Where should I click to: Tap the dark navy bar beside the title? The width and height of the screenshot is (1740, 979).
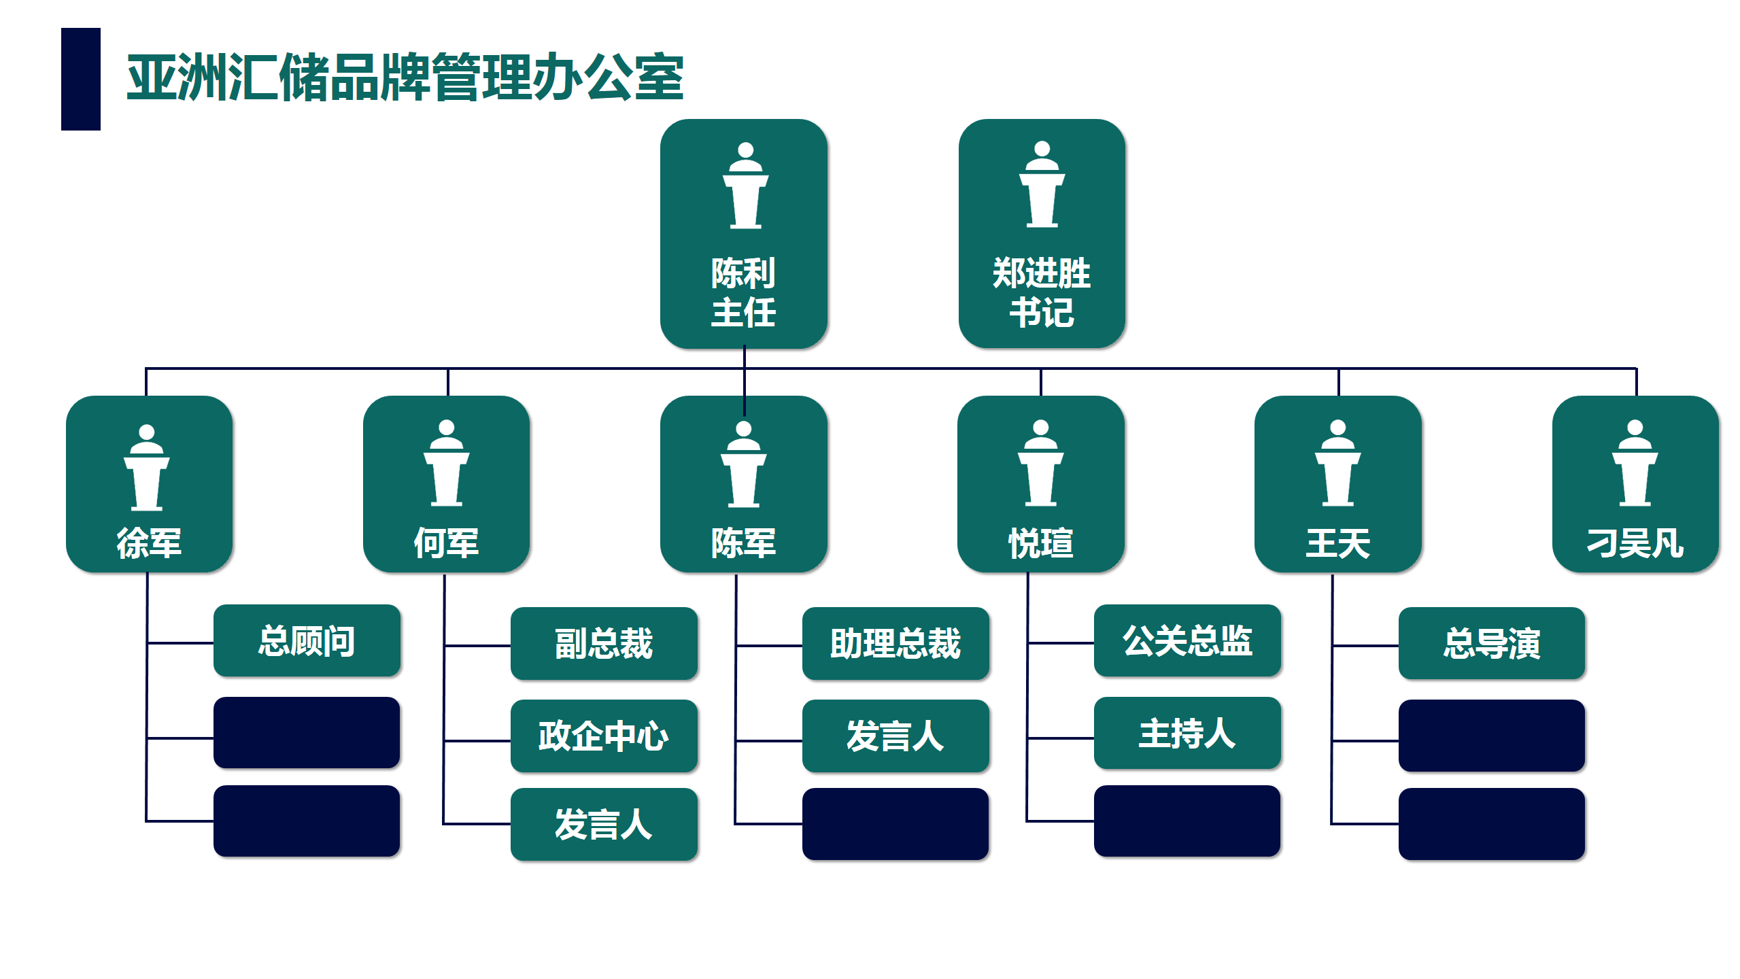pos(81,79)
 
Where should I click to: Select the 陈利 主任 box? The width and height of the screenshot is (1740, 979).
pos(744,234)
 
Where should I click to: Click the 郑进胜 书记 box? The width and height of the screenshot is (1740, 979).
pos(1042,234)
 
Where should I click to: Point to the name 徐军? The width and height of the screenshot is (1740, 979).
pos(149,543)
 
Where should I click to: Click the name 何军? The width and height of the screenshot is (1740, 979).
pos(446,543)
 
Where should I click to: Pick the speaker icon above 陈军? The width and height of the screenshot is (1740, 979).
pos(744,464)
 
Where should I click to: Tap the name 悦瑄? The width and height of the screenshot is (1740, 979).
pos(1041,543)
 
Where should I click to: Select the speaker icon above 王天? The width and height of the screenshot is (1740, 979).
pos(1338,463)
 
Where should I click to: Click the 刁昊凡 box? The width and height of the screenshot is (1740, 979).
pos(1635,484)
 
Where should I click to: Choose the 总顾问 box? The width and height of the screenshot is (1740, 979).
pos(307,640)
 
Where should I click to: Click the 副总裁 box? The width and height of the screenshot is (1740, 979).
pos(604,643)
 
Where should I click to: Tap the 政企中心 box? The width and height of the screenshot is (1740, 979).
pos(604,736)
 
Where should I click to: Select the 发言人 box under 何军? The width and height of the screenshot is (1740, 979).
pos(604,824)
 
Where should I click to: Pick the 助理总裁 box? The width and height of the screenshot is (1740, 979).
pos(895,643)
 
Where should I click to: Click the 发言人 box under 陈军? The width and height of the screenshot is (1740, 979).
pos(895,736)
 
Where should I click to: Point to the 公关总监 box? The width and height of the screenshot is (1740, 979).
pos(1187,640)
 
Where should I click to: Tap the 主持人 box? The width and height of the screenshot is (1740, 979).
pos(1187,733)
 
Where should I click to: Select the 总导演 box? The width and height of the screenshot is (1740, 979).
pos(1492,643)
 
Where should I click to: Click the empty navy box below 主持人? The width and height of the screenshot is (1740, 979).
pos(1187,821)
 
